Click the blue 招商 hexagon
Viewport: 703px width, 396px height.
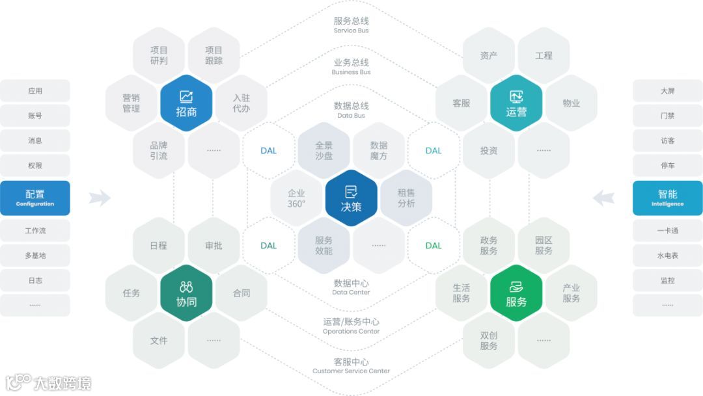click(186, 103)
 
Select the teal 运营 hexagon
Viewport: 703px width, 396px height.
click(516, 103)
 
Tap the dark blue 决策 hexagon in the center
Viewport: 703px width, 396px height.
click(351, 198)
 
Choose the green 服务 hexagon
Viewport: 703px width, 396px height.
click(516, 293)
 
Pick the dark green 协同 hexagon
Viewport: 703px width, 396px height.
click(186, 293)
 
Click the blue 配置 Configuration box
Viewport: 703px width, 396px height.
click(35, 198)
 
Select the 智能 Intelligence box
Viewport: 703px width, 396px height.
click(667, 198)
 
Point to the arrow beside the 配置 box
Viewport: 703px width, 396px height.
click(99, 198)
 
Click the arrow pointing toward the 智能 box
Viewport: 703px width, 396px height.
click(603, 198)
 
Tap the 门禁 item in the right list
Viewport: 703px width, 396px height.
click(667, 116)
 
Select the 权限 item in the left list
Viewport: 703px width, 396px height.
click(35, 165)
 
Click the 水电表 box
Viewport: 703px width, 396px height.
click(667, 256)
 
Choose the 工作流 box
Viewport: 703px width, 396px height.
click(35, 231)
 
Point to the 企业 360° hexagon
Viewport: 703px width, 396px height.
click(296, 198)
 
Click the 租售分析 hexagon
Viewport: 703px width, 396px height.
click(406, 198)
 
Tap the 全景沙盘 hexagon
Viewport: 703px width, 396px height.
click(324, 151)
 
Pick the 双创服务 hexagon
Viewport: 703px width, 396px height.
click(489, 341)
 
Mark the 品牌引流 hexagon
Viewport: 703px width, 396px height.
click(159, 151)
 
